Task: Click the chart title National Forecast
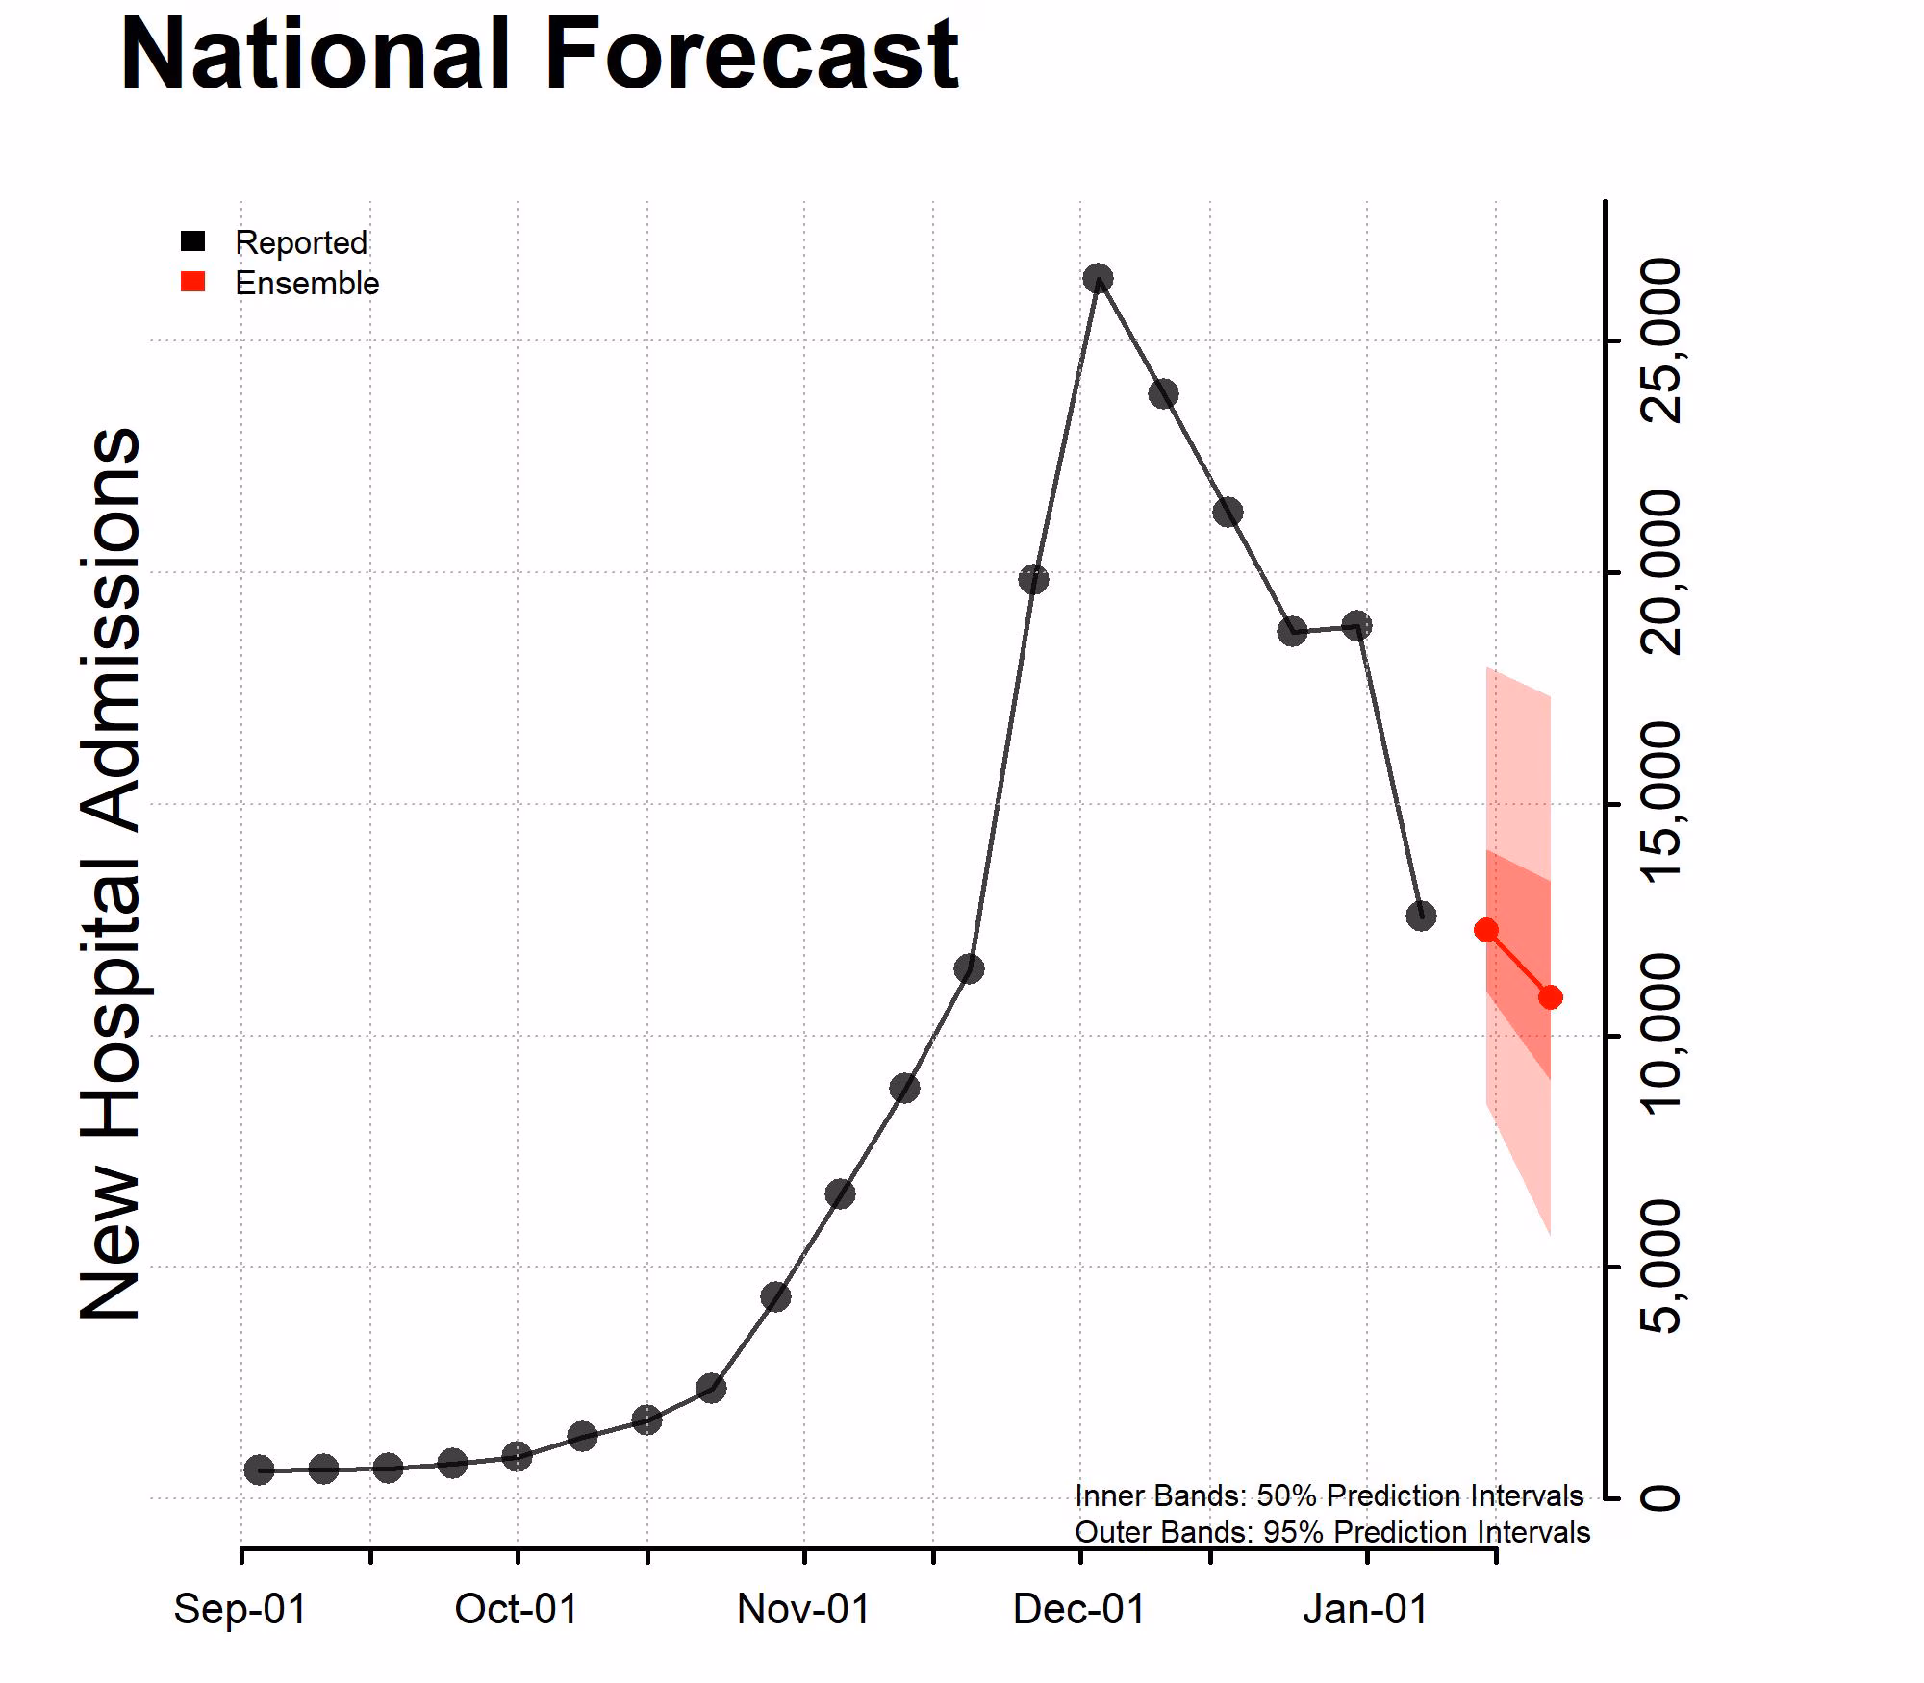(539, 55)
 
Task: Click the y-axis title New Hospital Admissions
(111, 873)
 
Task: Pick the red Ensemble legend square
(193, 282)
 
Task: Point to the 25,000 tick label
(1660, 340)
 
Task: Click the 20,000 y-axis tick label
(1660, 572)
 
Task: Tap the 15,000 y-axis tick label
(1660, 804)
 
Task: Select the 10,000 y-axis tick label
(1660, 1036)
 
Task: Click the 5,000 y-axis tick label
(1660, 1267)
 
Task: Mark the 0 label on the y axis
(1660, 1498)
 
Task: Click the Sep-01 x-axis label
(240, 1609)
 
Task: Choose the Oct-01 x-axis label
(517, 1609)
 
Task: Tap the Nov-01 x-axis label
(803, 1609)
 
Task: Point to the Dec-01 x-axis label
(1079, 1609)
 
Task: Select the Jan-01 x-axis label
(1366, 1609)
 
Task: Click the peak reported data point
(1098, 279)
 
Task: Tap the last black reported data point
(1421, 916)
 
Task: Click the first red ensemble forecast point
(1486, 930)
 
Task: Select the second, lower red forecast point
(1551, 997)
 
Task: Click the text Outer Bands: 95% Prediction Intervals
(1332, 1532)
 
